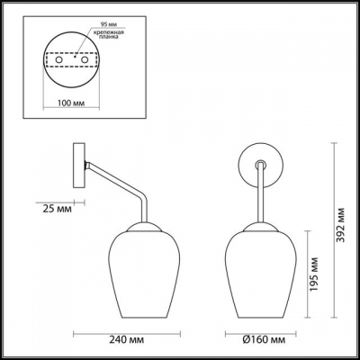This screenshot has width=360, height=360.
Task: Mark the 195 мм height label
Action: (314, 275)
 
